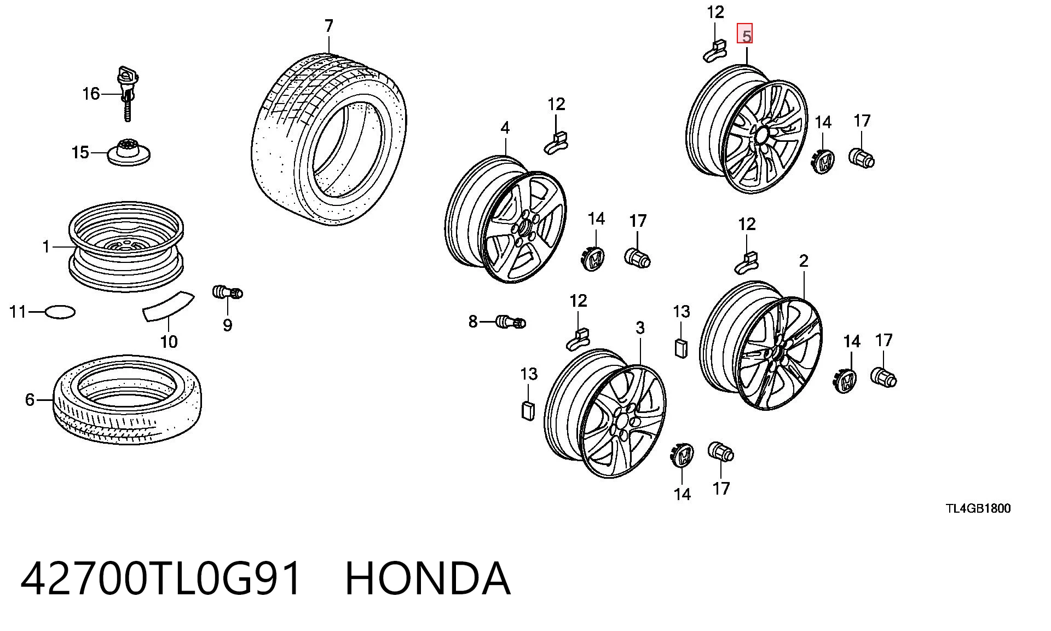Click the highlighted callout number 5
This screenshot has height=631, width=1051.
(x=745, y=34)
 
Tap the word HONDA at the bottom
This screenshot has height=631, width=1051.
(x=428, y=578)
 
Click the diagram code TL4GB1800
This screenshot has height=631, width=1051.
(x=978, y=508)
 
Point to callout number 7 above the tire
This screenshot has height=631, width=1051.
(x=328, y=26)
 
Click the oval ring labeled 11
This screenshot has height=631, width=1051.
(x=60, y=312)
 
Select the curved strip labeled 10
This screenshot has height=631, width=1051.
(x=168, y=305)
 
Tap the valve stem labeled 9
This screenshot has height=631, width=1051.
(x=227, y=292)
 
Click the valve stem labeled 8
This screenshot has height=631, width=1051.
(x=511, y=322)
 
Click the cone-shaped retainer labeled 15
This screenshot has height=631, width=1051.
(x=129, y=151)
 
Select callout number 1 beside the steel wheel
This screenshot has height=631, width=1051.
(x=47, y=247)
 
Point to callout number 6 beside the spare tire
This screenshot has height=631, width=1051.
(x=30, y=400)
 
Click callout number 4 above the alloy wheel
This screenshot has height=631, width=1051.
(x=505, y=128)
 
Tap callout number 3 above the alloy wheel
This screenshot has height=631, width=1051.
(x=640, y=328)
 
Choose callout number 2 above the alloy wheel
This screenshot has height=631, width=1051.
(x=803, y=261)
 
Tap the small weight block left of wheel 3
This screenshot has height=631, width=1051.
(x=528, y=410)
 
